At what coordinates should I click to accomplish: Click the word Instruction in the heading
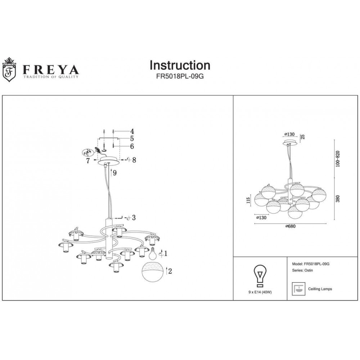(x=180, y=65)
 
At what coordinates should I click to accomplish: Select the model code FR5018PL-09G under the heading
(x=180, y=76)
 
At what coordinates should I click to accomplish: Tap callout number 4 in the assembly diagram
(x=132, y=131)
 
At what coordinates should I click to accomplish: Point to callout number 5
(x=132, y=139)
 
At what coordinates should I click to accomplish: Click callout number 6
(x=132, y=146)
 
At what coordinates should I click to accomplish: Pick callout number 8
(x=134, y=160)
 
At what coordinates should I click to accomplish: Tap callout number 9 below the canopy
(x=114, y=173)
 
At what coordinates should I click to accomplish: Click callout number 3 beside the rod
(x=134, y=217)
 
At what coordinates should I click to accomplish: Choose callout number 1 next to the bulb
(x=166, y=253)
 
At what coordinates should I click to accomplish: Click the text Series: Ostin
(x=300, y=270)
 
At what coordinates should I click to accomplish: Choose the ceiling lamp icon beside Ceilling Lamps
(x=298, y=288)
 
